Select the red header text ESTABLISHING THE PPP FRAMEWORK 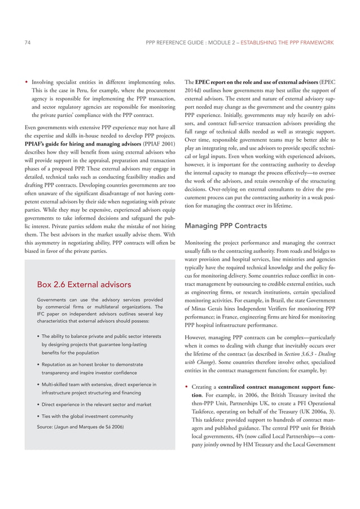[x=287, y=42]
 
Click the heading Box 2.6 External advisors [x=84, y=284]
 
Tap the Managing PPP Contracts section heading [x=222, y=226]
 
